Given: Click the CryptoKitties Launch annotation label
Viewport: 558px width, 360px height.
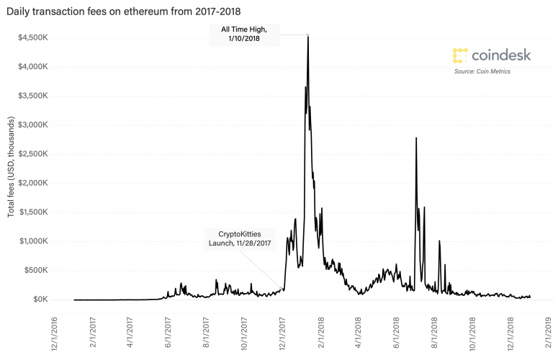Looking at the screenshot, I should (x=232, y=238).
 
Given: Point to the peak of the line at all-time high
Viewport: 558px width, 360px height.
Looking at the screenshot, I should (x=308, y=35).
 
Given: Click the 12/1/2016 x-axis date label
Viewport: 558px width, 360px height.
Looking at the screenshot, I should (x=53, y=328).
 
